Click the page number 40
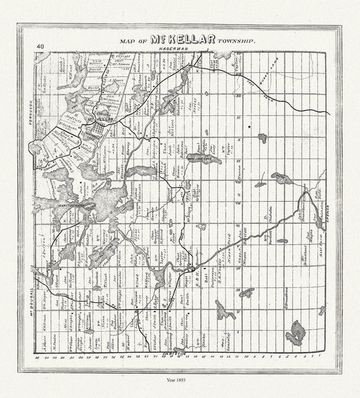(41, 46)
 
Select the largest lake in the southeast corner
(294, 331)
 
